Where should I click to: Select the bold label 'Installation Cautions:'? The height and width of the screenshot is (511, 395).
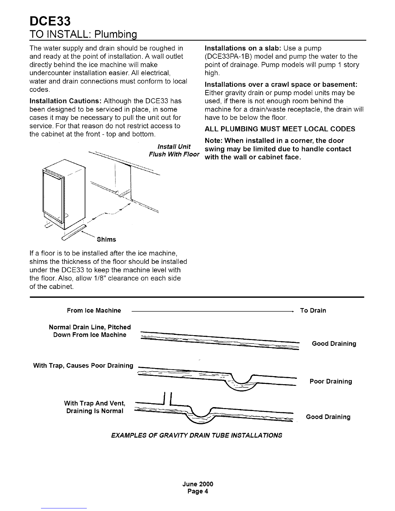[x=66, y=101]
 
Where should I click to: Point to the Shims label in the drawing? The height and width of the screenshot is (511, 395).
[x=106, y=239]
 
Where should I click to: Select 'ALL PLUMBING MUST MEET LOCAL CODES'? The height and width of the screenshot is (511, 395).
[x=280, y=129]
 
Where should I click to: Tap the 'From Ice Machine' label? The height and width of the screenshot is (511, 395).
[x=94, y=310]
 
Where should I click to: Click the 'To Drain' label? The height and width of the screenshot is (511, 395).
[x=313, y=310]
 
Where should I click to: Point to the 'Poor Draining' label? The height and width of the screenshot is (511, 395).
[x=330, y=381]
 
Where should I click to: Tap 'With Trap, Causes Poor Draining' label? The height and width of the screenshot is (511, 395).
[x=83, y=366]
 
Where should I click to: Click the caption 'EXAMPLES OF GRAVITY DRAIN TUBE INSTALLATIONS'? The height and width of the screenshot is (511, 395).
[x=196, y=435]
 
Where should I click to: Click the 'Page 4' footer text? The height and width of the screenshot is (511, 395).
[x=198, y=491]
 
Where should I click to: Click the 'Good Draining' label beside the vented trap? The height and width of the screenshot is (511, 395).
[x=328, y=417]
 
